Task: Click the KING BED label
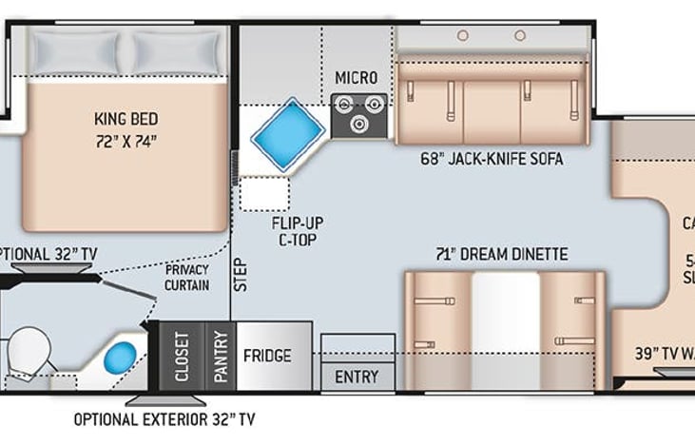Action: pos(125,120)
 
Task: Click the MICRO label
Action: pos(357,77)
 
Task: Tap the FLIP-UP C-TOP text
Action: pos(297,231)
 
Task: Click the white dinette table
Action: pos(506,328)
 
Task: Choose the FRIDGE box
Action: pos(266,357)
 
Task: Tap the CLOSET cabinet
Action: pos(181,357)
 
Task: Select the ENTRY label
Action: pos(357,377)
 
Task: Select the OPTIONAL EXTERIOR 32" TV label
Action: pos(164,418)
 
